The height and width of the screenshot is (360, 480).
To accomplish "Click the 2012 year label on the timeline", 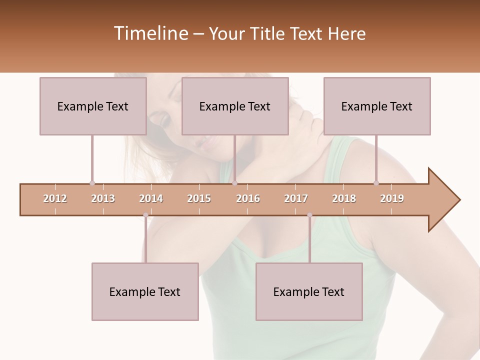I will (x=55, y=198).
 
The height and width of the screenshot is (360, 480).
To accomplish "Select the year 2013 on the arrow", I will (x=103, y=198).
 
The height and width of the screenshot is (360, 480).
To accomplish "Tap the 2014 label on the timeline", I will (x=151, y=198).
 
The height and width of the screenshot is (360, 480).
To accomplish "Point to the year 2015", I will (x=199, y=198).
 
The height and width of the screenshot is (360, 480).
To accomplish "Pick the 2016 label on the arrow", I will (x=248, y=198).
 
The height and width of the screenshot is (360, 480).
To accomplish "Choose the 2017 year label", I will (x=296, y=198).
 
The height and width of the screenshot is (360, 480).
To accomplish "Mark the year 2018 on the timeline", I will (x=344, y=198).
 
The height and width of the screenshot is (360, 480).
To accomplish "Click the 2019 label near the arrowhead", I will (x=392, y=198).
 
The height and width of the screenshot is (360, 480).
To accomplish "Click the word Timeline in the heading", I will (x=150, y=33).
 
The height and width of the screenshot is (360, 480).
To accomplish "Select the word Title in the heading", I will (x=266, y=33).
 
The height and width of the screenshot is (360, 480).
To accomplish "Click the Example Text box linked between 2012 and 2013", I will (x=93, y=106).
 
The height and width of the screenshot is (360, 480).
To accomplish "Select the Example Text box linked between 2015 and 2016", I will (x=235, y=106).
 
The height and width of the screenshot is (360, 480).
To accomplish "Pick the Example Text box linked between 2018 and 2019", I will (x=377, y=106).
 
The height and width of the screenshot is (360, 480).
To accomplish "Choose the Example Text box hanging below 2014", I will (x=145, y=291).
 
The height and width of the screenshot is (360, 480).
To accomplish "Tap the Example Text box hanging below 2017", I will (x=309, y=291).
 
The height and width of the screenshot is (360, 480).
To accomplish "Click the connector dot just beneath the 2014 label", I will (x=145, y=215).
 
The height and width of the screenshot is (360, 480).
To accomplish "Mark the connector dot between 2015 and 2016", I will (x=234, y=183).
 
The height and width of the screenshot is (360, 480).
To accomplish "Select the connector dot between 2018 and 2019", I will (x=376, y=183).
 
